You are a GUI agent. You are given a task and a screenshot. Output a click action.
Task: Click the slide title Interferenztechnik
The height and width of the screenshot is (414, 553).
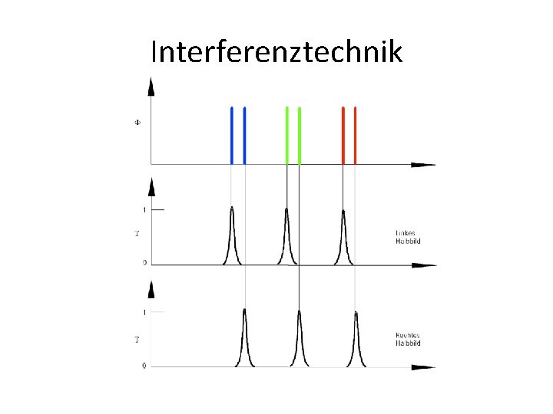276,52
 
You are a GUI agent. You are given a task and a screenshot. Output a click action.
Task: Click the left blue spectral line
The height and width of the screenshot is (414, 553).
232,135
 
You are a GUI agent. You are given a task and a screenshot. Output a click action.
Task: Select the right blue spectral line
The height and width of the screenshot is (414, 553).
244,135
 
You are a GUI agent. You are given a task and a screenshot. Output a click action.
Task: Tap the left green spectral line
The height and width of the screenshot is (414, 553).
286,135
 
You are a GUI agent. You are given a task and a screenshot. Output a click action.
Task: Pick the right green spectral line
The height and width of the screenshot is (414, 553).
299,135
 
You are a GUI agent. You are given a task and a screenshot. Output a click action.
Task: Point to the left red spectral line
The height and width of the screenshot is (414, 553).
343,135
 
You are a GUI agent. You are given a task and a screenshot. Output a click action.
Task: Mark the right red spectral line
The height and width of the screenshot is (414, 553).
355,135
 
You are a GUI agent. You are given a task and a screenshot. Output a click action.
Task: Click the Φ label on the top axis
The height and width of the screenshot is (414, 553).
137,122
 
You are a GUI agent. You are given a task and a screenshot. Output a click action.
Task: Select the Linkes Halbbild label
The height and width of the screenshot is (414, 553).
408,237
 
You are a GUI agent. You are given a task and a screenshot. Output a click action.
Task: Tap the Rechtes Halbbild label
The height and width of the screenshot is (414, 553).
408,339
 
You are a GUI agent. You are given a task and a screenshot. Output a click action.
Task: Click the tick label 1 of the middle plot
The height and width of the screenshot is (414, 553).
144,209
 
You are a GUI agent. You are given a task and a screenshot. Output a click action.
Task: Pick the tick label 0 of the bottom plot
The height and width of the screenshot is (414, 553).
144,366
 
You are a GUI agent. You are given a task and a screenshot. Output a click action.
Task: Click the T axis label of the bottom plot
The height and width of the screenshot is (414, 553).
137,339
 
